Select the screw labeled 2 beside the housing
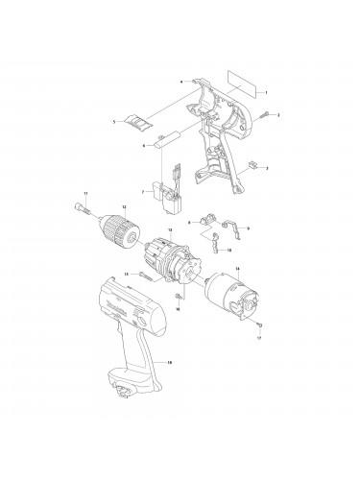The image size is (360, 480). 263,115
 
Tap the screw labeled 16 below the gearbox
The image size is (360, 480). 180,298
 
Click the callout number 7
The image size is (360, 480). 141,191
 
